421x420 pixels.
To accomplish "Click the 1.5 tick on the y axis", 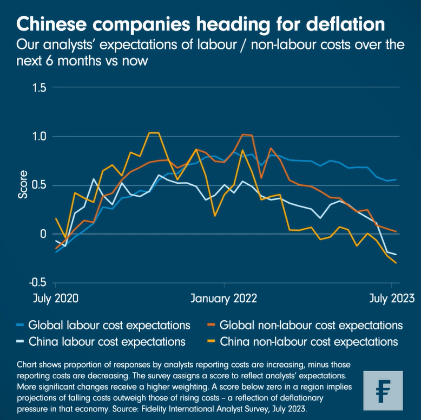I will tap(38, 88).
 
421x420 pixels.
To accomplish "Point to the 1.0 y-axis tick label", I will tap(38, 137).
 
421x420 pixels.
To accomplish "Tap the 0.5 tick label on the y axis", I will tap(38, 185).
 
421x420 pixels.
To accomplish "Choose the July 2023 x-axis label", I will tap(392, 299).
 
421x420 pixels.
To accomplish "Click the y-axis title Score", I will tap(23, 184).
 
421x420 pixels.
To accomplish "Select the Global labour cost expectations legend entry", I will tap(109, 325).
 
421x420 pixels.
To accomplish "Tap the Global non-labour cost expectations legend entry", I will tap(311, 325).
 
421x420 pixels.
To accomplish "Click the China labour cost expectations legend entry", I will tap(107, 341).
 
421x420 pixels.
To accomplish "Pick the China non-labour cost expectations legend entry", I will tap(308, 341).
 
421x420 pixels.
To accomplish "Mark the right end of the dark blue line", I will tap(397, 179).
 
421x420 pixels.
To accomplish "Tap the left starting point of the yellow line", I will tap(56, 218).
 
